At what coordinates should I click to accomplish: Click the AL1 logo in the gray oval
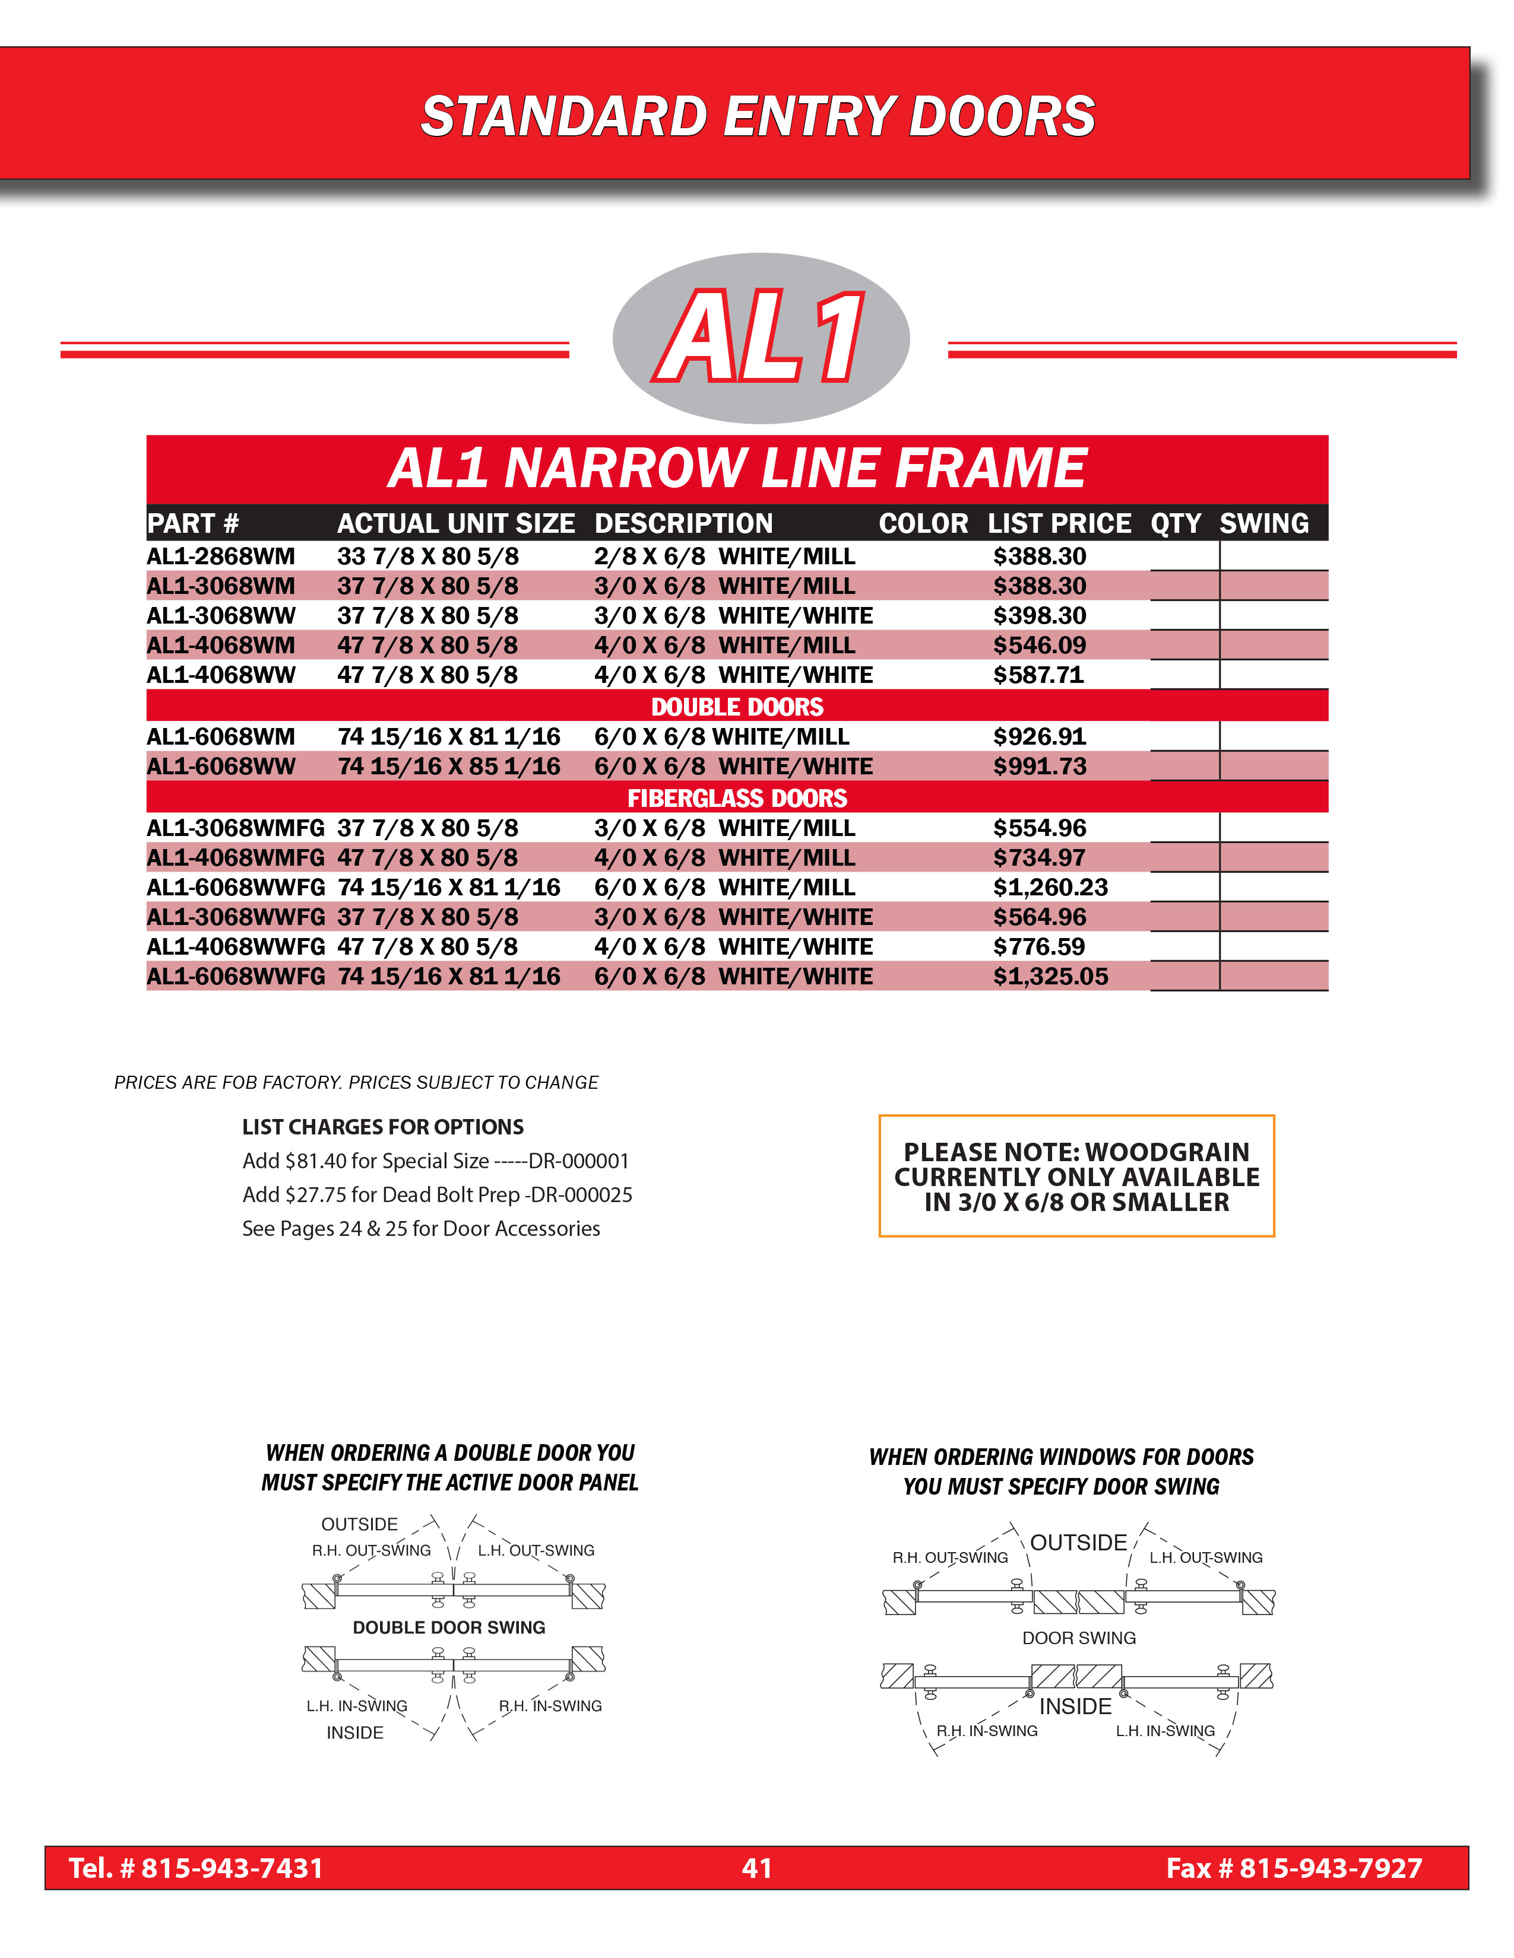(761, 337)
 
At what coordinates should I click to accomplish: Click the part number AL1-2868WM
(221, 557)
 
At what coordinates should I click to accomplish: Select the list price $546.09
(1038, 646)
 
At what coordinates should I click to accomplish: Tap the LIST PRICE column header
(1059, 523)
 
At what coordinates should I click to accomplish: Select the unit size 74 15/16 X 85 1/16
(448, 767)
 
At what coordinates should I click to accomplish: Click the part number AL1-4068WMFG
(235, 858)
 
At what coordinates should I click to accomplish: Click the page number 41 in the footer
(757, 1867)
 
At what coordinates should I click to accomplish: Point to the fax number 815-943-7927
(1330, 1867)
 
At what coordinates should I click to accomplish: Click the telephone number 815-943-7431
(232, 1867)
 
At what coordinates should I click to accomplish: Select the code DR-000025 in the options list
(582, 1195)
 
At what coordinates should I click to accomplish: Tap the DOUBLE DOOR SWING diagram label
(448, 1627)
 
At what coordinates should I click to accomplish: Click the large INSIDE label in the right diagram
(1075, 1706)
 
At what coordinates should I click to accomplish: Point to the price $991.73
(1038, 767)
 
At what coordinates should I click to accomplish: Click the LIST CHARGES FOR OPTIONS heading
(383, 1127)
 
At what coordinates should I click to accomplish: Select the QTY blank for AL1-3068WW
(1184, 616)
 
